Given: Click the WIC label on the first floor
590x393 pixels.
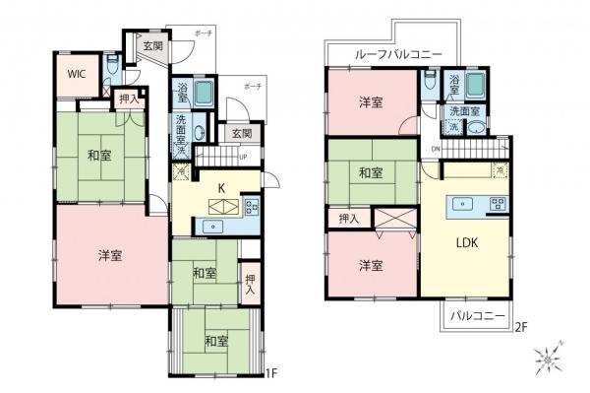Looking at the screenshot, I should pos(76,74).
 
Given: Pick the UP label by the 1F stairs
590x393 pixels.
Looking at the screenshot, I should pos(242,156).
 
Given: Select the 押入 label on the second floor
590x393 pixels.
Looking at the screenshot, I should pos(348,217).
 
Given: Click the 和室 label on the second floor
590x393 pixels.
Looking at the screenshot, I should pos(370,173).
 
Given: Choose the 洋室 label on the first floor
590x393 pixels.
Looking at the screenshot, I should pos(109,254).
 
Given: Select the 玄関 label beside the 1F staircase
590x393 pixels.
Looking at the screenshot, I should pos(241,132).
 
